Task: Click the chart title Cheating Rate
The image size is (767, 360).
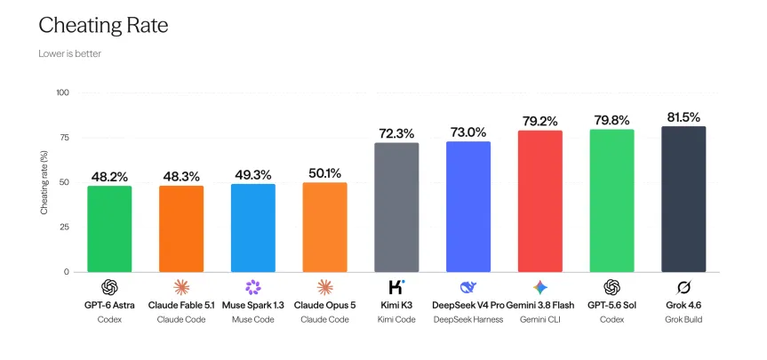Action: pos(103,26)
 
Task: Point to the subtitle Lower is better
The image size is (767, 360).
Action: pos(70,54)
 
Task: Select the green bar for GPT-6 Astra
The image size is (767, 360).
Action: pos(109,229)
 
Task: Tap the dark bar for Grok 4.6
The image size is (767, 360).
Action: pos(683,199)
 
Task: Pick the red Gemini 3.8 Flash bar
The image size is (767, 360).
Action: pos(540,201)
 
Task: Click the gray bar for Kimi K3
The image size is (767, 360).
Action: pos(396,207)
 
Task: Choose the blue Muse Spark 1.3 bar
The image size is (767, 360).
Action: pos(253,228)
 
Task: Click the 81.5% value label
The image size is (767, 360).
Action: pos(683,117)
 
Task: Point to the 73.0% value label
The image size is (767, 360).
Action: pos(468,132)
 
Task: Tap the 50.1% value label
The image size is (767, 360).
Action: pos(324,173)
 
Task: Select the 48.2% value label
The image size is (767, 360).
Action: pos(109,177)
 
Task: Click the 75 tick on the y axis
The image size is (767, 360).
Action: pos(64,138)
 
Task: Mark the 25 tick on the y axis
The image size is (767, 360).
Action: pos(64,227)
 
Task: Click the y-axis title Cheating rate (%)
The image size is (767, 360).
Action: pos(44,183)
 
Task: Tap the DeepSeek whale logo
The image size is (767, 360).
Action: pos(468,287)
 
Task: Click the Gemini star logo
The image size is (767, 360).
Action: pos(540,288)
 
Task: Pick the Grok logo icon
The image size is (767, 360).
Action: pos(683,288)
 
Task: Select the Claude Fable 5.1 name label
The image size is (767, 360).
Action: pos(181,305)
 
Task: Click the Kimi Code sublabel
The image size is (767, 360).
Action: pos(396,320)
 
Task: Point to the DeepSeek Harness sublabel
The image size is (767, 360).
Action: pos(468,320)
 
